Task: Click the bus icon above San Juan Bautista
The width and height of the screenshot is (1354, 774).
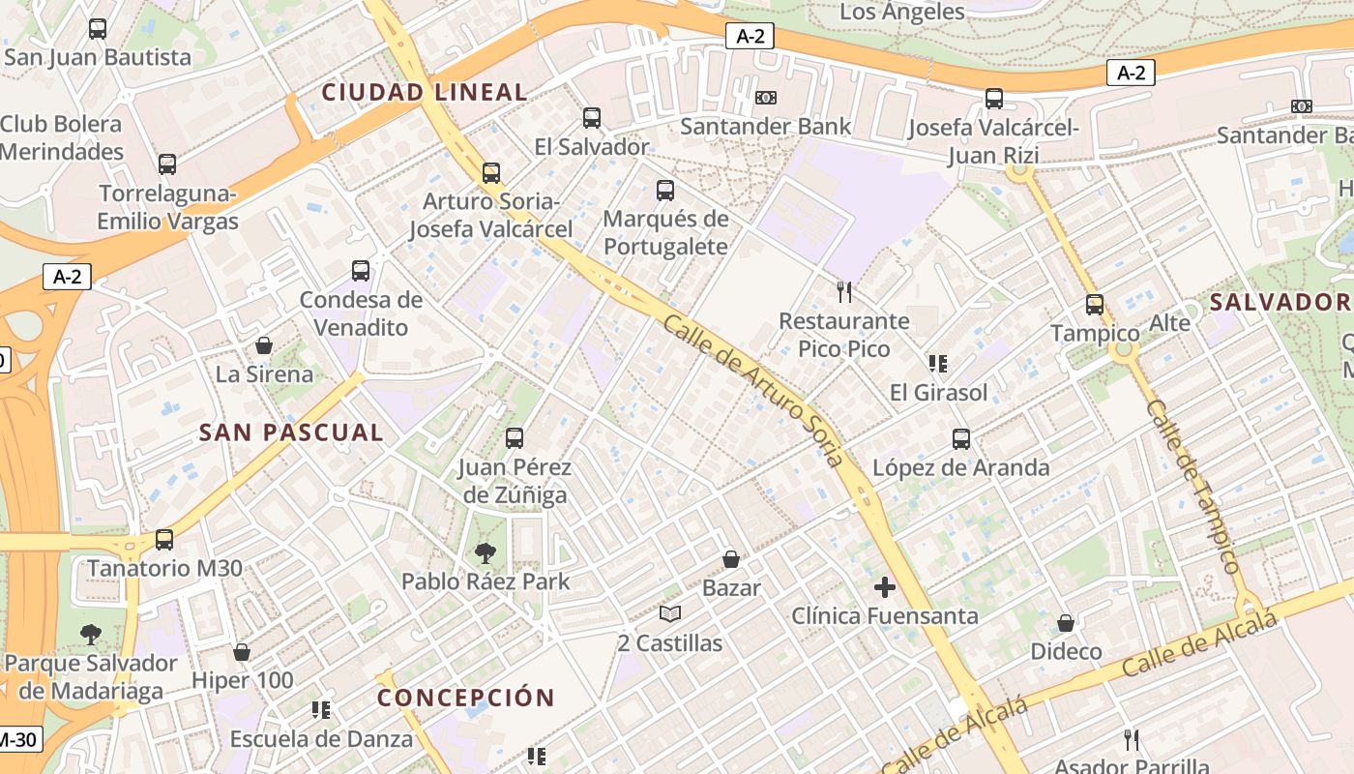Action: [x=98, y=29]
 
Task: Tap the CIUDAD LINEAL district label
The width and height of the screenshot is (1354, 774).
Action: [x=425, y=93]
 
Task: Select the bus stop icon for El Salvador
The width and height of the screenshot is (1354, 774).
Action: [x=592, y=118]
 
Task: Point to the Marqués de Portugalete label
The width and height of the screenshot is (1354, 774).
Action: [x=665, y=232]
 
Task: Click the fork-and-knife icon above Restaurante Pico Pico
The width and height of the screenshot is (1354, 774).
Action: [x=844, y=291]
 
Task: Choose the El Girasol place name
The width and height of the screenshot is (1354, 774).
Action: [x=938, y=392]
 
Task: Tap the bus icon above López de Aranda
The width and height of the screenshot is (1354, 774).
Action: [x=961, y=439]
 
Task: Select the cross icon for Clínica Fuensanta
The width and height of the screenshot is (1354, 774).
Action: [x=885, y=586]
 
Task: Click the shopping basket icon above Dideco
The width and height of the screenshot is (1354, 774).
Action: [x=1066, y=623]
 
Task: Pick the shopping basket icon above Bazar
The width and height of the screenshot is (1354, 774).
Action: [x=731, y=559]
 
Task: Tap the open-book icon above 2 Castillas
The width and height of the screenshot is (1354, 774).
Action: [x=670, y=614]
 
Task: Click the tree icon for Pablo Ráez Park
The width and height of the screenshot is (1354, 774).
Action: [x=486, y=553]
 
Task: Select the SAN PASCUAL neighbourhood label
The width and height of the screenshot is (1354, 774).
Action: [x=291, y=432]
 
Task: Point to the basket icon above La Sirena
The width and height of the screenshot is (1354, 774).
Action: [x=264, y=345]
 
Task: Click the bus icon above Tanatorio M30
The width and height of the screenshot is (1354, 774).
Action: [x=164, y=540]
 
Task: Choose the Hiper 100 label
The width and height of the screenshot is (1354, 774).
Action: [x=242, y=680]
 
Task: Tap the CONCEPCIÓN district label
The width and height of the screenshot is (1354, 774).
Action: [x=466, y=698]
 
